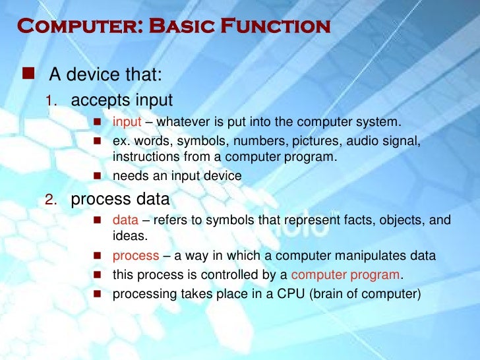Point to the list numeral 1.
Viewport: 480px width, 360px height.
tap(52, 101)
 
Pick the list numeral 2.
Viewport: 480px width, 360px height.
tap(52, 200)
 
